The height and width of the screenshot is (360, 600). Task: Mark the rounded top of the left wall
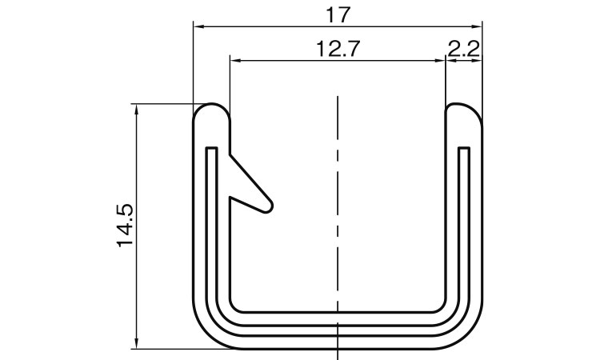[x=212, y=107]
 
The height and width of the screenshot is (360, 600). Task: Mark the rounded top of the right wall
[x=463, y=107]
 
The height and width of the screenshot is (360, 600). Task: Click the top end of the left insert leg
[x=211, y=149]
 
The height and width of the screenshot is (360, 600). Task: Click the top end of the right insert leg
[x=463, y=149]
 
